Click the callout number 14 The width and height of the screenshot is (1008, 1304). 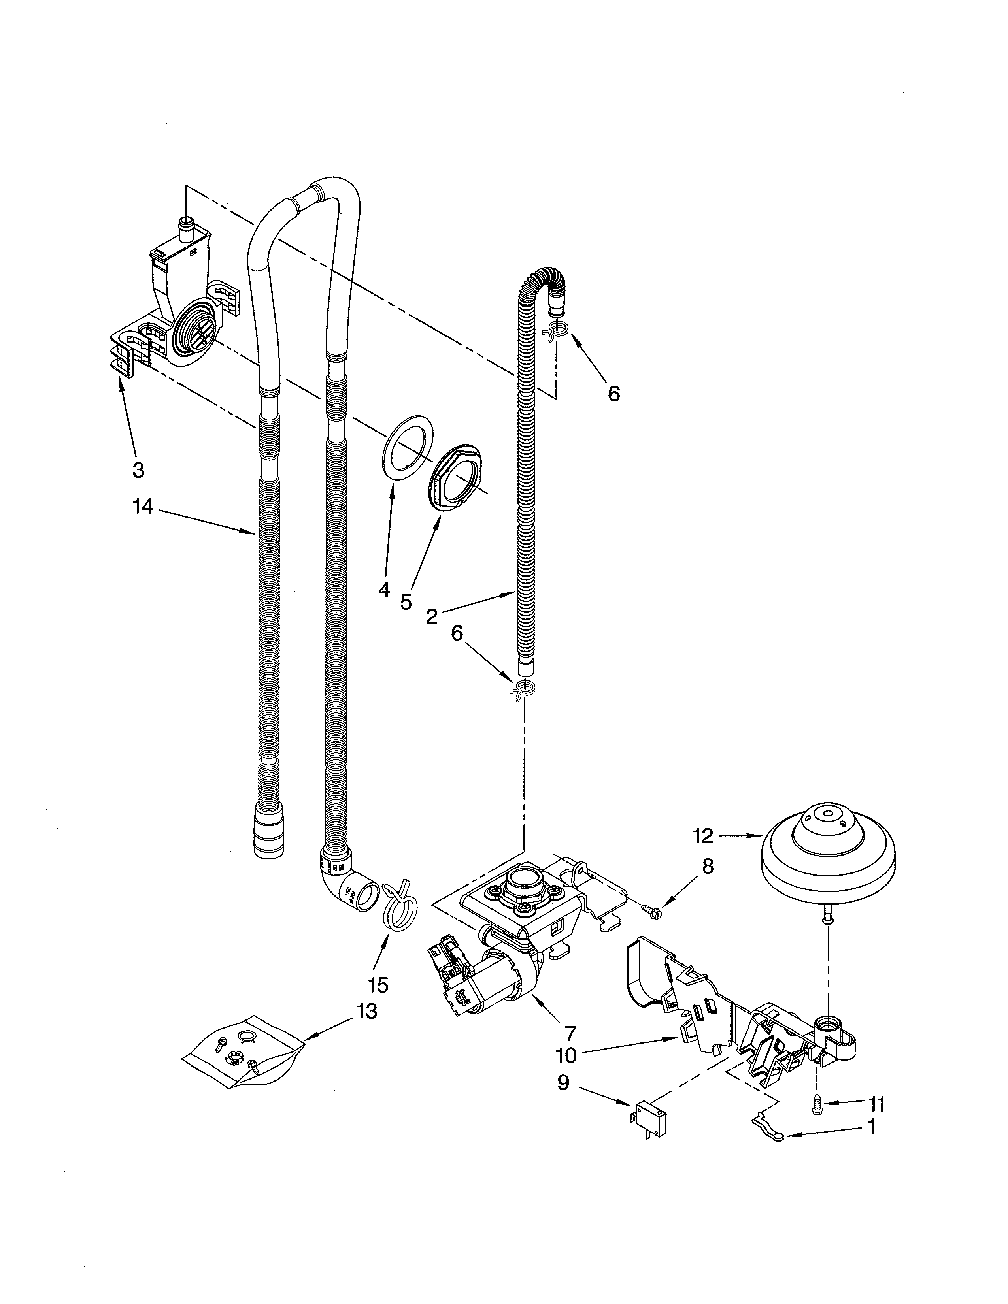143,507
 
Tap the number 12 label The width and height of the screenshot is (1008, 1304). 704,837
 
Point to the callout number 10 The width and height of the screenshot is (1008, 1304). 566,1055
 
